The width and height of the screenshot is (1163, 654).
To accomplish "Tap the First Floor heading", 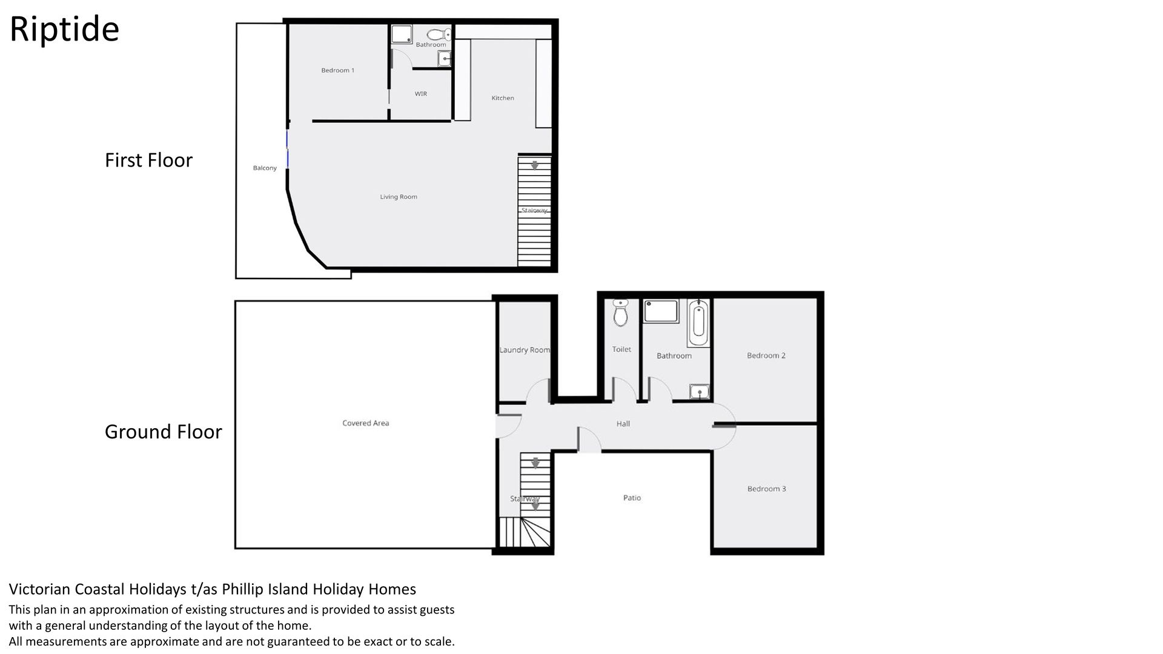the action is [x=148, y=160].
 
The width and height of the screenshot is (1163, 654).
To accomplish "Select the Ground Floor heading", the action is [x=164, y=432].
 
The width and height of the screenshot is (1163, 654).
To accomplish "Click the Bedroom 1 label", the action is [x=337, y=70].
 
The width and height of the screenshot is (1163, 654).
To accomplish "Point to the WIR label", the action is [x=420, y=94].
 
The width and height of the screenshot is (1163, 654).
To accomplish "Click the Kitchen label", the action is [x=503, y=98].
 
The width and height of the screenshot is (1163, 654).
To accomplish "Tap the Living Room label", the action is [x=399, y=197].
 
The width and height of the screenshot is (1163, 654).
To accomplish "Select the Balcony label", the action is [x=265, y=168].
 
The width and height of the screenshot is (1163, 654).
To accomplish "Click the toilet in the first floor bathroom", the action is [x=439, y=34].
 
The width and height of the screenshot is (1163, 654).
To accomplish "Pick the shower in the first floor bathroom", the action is [x=401, y=34].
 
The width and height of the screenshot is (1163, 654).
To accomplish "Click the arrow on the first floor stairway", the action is [x=535, y=165].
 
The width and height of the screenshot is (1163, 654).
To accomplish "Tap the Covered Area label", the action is [x=366, y=423].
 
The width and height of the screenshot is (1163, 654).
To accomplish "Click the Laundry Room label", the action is [x=525, y=350].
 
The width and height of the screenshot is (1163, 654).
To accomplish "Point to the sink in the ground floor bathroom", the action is [x=700, y=392].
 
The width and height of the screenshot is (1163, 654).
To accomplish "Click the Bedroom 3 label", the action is [x=766, y=489].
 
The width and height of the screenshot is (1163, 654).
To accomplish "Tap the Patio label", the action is [x=632, y=498].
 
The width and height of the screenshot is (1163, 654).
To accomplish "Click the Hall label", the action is [x=623, y=424].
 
